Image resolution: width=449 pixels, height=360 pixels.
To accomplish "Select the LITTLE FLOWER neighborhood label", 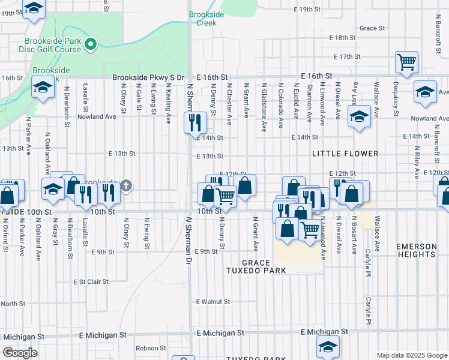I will point(345,154).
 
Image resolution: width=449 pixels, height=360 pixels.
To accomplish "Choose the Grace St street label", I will point(372,28).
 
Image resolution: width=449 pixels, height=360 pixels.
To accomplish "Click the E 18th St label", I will point(346,38).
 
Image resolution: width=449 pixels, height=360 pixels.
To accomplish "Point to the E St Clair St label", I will point(91,281).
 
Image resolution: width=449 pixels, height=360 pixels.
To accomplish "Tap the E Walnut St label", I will point(213,302).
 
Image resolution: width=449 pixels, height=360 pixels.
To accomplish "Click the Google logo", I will point(20,353).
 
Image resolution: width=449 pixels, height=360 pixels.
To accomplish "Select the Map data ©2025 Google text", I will point(411,355).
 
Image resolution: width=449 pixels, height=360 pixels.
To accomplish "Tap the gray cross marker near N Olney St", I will point(127,185).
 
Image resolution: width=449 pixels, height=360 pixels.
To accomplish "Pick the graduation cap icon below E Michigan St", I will point(328,346).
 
